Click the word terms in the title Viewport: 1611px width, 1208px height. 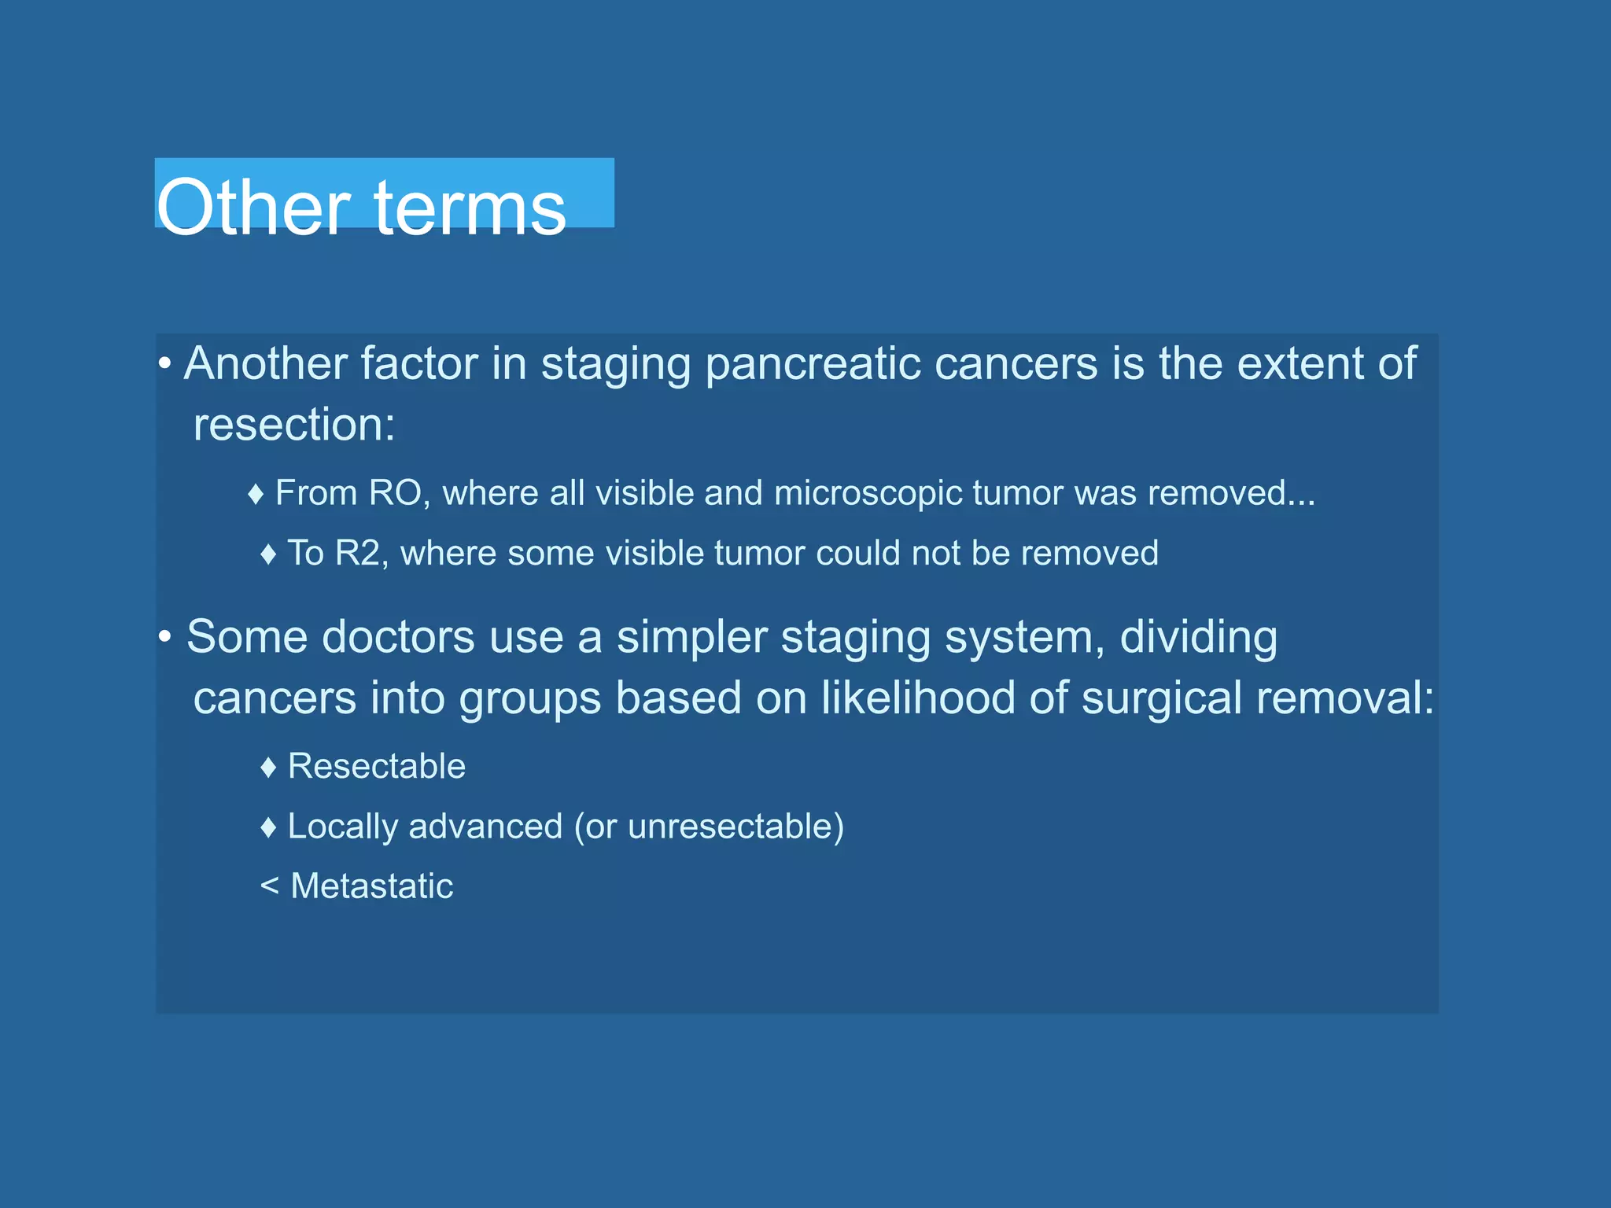[470, 208]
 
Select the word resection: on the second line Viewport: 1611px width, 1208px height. [294, 425]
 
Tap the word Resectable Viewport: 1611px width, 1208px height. [377, 767]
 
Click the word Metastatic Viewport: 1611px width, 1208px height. [372, 886]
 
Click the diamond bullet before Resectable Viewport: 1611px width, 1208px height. [268, 768]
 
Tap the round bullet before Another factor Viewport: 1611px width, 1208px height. [164, 364]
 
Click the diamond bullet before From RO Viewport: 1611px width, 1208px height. [256, 495]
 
